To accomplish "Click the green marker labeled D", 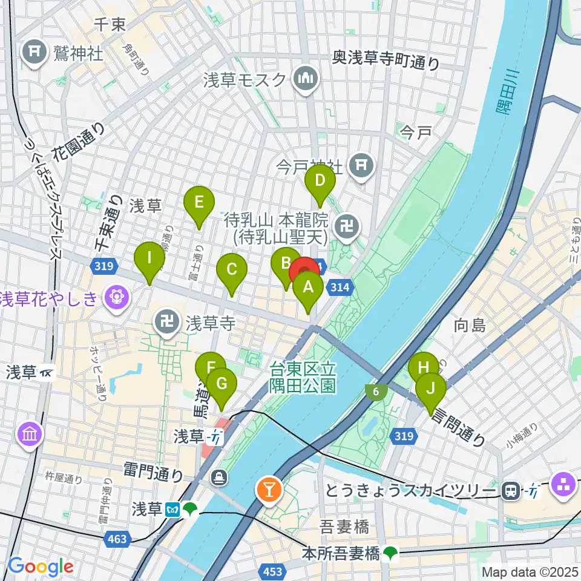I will (319, 182).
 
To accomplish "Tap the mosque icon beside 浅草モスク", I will (304, 79).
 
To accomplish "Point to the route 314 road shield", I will (340, 289).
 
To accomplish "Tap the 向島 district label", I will (470, 326).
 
